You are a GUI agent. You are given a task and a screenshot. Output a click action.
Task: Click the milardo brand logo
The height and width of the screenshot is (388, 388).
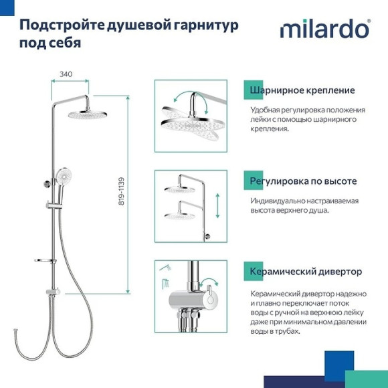[x=324, y=30]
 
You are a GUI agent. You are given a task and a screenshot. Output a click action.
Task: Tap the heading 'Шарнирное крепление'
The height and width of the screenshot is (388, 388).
[x=302, y=90]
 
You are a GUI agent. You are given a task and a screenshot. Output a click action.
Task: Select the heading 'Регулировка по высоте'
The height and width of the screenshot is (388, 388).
[x=303, y=181]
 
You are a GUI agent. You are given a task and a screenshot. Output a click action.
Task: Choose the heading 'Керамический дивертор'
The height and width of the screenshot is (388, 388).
[x=306, y=272]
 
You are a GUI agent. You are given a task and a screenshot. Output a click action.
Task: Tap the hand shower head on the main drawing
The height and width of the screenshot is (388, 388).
[x=64, y=178]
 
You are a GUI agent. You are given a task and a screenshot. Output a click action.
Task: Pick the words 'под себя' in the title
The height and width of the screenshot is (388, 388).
[x=50, y=42]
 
